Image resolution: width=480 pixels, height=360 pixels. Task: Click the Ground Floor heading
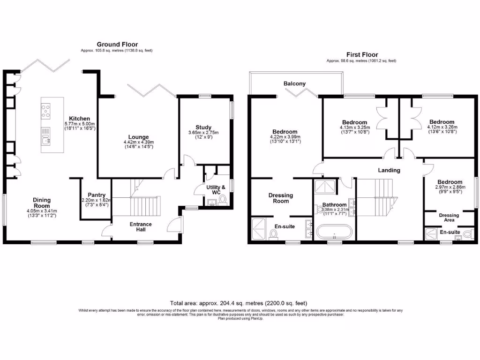[x=117, y=45]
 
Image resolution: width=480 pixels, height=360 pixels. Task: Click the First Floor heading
[x=361, y=55]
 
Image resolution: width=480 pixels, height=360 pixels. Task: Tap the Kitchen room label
[x=80, y=119]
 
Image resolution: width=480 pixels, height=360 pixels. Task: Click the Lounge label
[x=138, y=137]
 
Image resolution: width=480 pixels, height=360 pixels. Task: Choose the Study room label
[x=203, y=127]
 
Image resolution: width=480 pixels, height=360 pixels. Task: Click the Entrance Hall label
[x=141, y=227]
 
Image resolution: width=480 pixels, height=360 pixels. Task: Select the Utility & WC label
[x=217, y=190]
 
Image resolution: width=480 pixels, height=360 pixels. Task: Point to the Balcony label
[x=294, y=84]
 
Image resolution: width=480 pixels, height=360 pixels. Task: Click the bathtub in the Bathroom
[x=334, y=232]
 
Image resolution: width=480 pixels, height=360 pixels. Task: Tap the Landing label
[x=389, y=170]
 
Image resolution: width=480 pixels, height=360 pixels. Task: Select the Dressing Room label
[x=280, y=198]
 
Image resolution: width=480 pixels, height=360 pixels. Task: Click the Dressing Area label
[x=449, y=217]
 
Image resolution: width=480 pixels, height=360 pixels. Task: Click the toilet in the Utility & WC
[x=222, y=200]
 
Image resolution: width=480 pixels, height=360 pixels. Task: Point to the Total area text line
[x=240, y=303]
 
